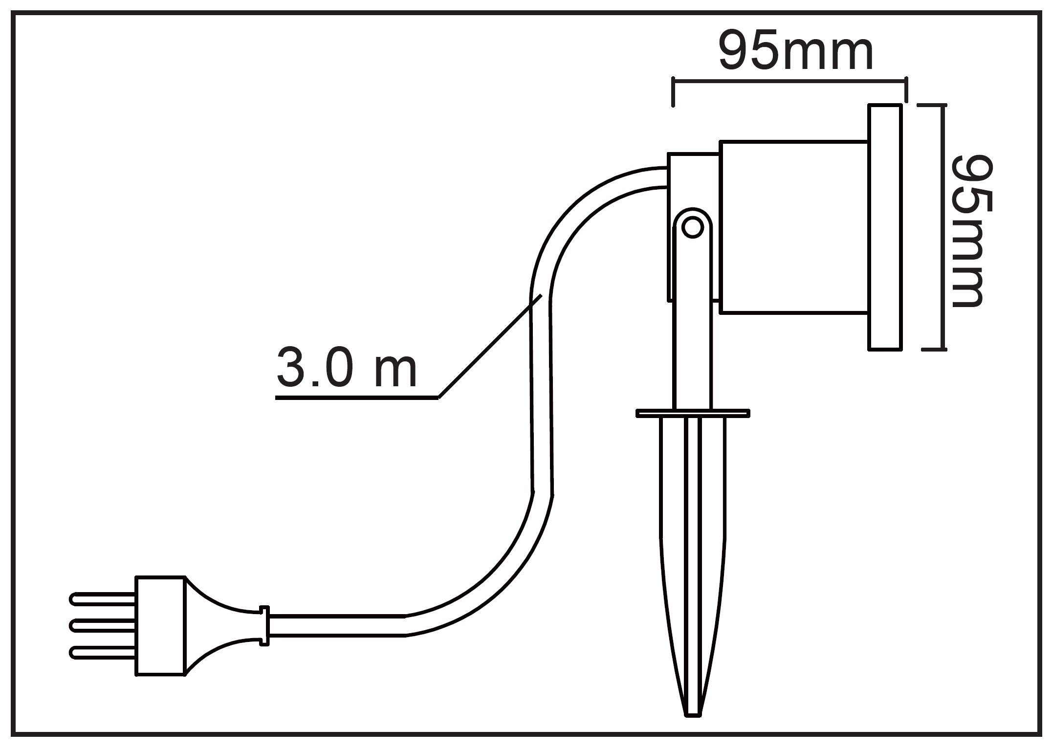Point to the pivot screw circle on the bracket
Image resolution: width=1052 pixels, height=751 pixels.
tap(692, 227)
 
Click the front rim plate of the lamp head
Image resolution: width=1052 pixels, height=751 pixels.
tap(885, 227)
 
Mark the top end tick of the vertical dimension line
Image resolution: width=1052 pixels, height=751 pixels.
tap(934, 105)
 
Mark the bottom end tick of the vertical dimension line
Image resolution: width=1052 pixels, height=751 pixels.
tap(934, 350)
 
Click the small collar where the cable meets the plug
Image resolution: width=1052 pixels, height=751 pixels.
tap(264, 626)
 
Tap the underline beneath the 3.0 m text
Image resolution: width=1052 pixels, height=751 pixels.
tap(357, 398)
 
